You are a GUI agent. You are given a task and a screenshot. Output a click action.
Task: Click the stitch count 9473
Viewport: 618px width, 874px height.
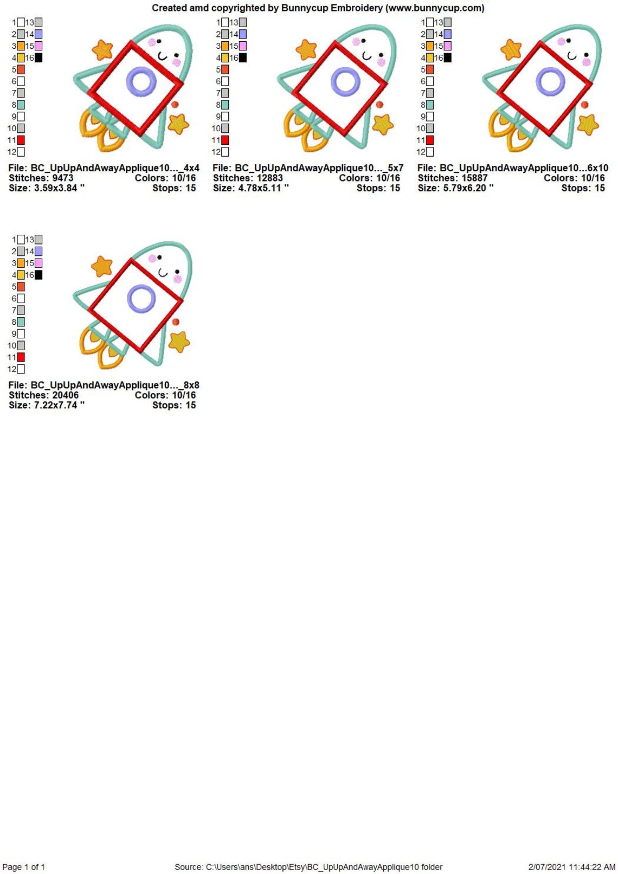click(62, 178)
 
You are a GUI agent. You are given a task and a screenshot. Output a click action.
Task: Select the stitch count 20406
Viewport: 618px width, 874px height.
click(65, 395)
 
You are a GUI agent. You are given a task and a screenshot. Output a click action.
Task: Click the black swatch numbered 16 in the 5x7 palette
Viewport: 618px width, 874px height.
click(243, 58)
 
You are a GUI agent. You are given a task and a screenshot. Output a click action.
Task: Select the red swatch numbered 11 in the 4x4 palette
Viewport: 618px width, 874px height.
click(21, 140)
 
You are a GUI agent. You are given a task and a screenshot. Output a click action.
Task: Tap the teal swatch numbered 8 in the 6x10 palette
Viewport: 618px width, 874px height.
click(429, 105)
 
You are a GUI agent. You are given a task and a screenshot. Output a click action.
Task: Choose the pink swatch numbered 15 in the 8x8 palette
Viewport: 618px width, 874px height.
click(38, 264)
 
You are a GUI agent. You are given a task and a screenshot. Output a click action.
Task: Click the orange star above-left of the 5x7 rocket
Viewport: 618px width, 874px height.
click(306, 49)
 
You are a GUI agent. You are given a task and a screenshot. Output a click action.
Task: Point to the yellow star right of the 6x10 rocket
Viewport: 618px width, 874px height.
click(588, 124)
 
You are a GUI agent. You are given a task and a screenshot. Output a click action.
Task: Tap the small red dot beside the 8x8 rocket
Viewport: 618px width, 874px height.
click(176, 322)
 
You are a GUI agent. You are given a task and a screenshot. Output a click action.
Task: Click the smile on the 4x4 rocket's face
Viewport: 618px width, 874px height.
click(162, 57)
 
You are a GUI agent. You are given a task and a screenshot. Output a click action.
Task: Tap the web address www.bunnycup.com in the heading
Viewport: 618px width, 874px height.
click(435, 8)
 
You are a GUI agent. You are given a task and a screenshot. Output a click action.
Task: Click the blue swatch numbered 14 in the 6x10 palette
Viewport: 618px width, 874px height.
click(447, 34)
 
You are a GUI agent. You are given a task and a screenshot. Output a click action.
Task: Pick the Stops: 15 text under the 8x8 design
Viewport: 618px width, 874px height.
click(174, 406)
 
